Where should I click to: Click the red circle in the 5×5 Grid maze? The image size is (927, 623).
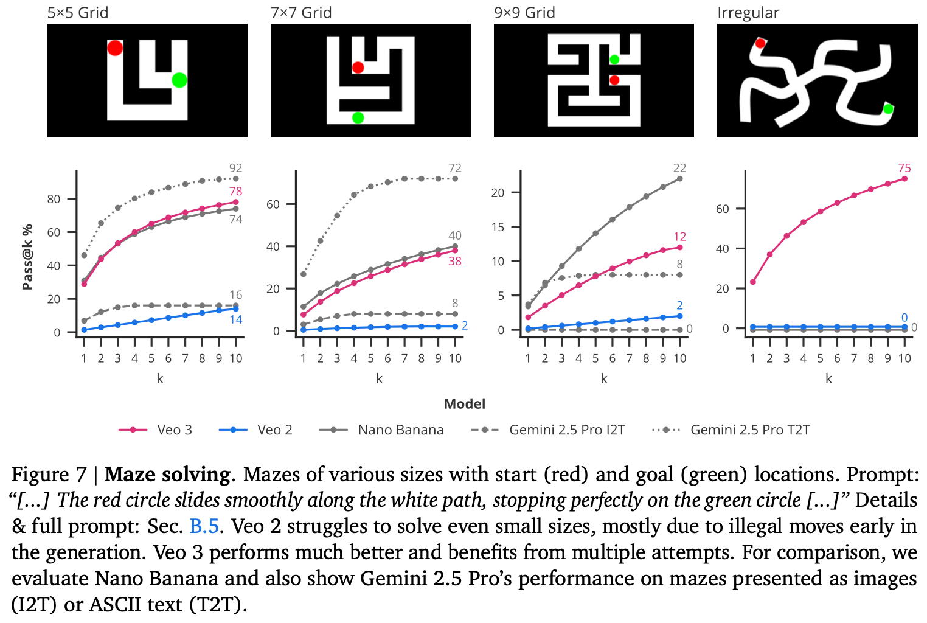coord(115,47)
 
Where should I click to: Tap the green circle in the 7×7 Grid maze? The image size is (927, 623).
coord(358,117)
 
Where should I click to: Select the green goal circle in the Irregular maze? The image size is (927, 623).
coord(887,109)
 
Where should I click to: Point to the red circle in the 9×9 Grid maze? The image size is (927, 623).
coord(614,80)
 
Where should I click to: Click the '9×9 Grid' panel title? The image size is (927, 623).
coord(524,12)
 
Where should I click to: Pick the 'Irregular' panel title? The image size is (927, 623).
coord(748,12)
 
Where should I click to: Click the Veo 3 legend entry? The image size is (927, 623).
coord(156,430)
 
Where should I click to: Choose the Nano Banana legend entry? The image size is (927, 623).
coord(381,430)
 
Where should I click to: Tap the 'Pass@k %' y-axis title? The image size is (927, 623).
coord(27,257)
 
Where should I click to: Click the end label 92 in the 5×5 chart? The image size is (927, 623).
coord(235,168)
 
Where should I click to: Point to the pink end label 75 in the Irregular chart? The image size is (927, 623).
coord(904,168)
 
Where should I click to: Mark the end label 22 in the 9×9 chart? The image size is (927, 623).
coord(679,168)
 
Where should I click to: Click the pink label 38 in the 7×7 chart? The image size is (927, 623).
coord(454,261)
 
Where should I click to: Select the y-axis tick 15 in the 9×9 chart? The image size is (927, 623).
coord(498,227)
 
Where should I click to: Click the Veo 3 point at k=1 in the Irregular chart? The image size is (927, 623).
coord(753,282)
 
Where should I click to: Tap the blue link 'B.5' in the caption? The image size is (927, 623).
coord(204,526)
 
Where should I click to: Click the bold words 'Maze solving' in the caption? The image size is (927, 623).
coord(167,475)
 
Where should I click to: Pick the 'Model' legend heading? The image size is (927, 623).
coord(465,404)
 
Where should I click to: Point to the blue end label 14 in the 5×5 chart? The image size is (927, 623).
coord(235,319)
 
